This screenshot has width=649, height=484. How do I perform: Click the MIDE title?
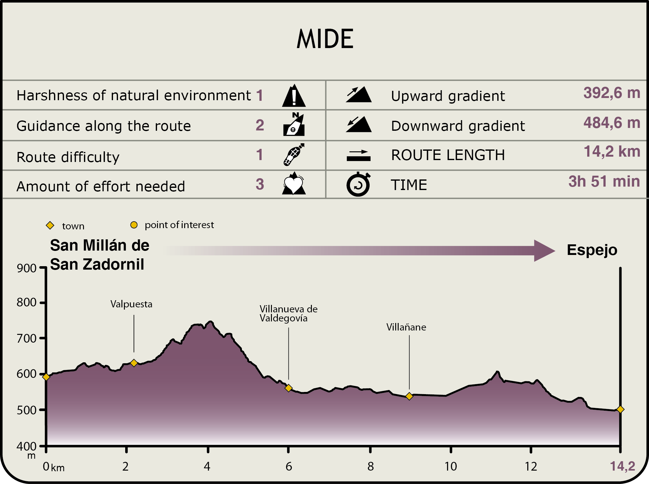click(x=325, y=39)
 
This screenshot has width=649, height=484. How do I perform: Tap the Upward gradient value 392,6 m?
click(x=612, y=93)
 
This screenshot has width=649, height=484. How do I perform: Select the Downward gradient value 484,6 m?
click(x=612, y=123)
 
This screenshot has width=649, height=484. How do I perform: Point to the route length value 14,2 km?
click(x=612, y=152)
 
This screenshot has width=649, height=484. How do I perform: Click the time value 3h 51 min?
click(x=604, y=181)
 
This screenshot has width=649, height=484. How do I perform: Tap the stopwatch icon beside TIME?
click(x=358, y=184)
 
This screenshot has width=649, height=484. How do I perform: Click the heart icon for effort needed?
click(x=293, y=184)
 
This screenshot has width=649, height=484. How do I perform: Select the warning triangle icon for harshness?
click(x=294, y=96)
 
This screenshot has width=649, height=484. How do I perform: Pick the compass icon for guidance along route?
click(x=294, y=125)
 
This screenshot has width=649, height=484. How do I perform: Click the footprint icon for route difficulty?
click(x=293, y=154)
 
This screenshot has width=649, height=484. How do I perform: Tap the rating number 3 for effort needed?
click(x=260, y=184)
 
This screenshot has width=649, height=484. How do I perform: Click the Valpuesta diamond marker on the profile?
click(x=134, y=363)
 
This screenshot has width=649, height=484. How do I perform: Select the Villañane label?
click(x=406, y=327)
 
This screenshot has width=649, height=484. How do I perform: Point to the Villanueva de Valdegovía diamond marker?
click(x=288, y=388)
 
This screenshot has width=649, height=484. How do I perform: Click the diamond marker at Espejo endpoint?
click(x=620, y=409)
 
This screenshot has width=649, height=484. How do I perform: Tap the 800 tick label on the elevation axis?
click(x=27, y=302)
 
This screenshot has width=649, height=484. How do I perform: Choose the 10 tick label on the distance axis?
click(x=450, y=467)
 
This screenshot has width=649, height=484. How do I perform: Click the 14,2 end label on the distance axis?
click(x=622, y=466)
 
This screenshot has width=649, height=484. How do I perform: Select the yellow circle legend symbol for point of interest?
click(x=134, y=225)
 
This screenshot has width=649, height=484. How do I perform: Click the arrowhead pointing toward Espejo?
click(x=543, y=251)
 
